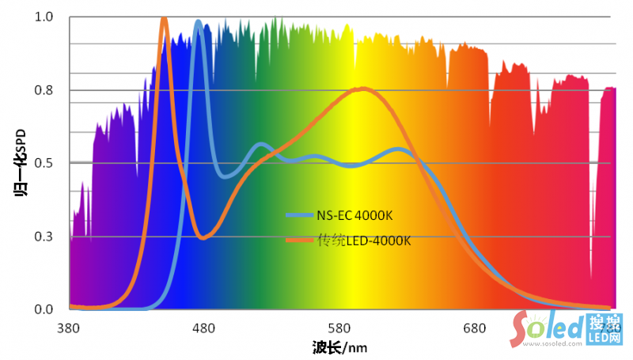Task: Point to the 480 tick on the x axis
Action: point(204,327)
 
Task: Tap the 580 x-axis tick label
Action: point(339,327)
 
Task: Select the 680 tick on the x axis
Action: point(474,327)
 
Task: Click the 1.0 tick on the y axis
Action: point(44,17)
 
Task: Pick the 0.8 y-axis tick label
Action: point(44,90)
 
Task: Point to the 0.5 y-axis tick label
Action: point(44,163)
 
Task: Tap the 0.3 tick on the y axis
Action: point(44,237)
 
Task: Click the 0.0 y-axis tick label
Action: point(44,309)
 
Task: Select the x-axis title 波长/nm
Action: point(339,347)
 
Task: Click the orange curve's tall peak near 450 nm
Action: point(164,19)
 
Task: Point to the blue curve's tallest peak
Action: point(198,22)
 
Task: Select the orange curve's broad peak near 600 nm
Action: point(362,89)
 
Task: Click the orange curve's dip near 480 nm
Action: point(203,237)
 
